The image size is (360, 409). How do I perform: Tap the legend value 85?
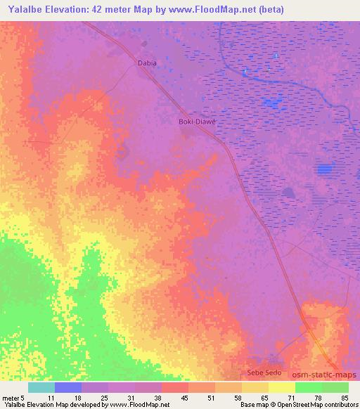point(344,398)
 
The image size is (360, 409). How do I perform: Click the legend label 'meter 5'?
point(14,398)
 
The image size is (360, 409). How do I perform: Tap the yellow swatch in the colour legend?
point(282,387)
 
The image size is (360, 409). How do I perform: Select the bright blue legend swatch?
point(67,387)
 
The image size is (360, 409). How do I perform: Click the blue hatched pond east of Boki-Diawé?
point(324,169)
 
